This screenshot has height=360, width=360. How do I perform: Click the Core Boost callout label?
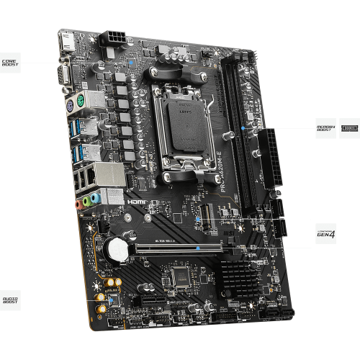(x=10, y=63)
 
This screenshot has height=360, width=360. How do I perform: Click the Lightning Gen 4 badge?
(x=326, y=232)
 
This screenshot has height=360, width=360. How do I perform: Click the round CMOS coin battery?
(x=114, y=249)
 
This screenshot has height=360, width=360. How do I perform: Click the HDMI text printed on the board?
(x=138, y=203)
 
